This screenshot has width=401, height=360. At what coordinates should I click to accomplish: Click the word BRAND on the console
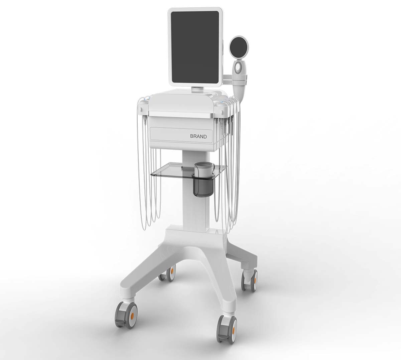coord(198,137)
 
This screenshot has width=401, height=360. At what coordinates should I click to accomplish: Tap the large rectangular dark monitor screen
coord(195,47)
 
